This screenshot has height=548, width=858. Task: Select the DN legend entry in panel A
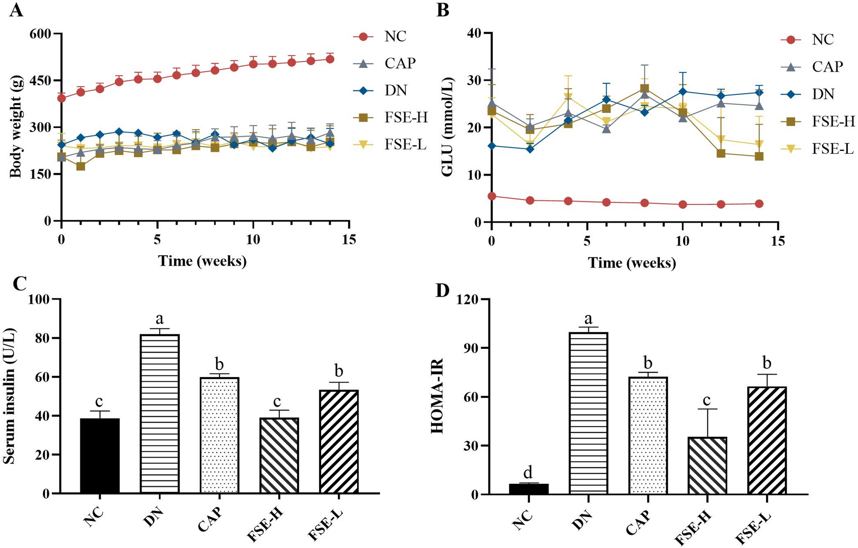pos(395,90)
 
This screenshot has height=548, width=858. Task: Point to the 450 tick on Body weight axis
pos(39,81)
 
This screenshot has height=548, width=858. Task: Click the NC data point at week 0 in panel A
pos(62,98)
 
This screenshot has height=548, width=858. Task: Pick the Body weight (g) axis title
pos(15,127)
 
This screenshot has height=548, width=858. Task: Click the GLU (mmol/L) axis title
pos(447,128)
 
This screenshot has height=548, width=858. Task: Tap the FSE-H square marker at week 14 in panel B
pos(759,156)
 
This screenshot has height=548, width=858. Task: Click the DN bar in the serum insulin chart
pos(160,413)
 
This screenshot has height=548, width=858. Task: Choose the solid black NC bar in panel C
pos(100,456)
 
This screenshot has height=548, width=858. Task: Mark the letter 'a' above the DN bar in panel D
pos(588,318)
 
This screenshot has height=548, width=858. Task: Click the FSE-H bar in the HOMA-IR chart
pos(708,466)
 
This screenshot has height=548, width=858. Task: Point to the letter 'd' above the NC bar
pos(529,472)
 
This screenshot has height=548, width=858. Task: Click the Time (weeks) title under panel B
pos(632,262)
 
